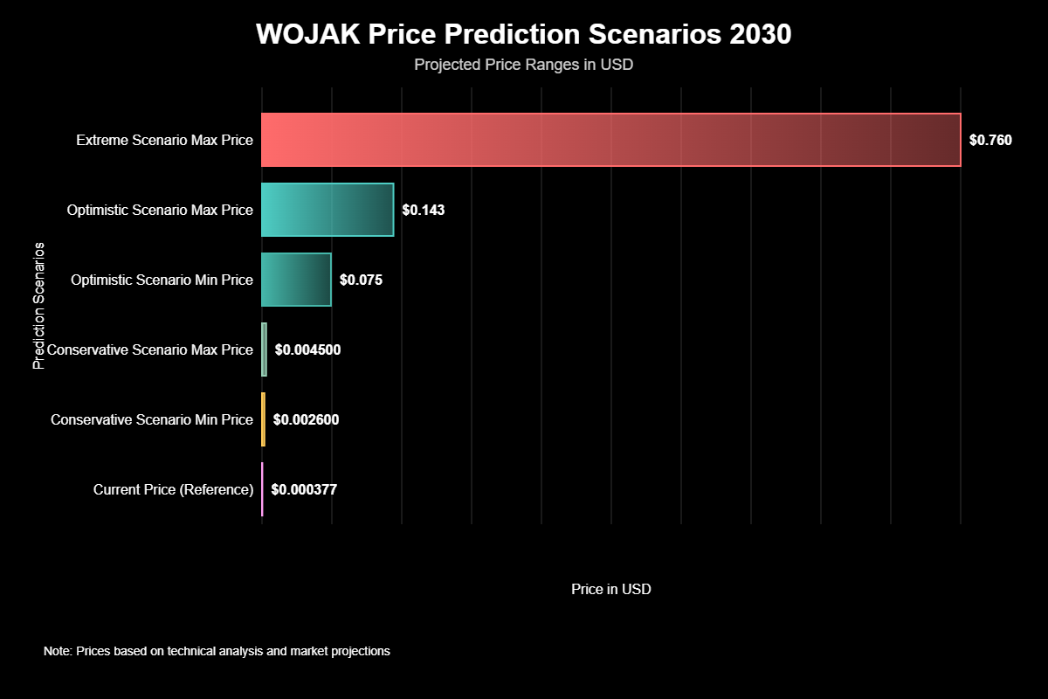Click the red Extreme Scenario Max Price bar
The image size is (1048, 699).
[x=611, y=140]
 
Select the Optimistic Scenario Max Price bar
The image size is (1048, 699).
[x=327, y=210]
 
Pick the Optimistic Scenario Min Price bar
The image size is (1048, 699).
[x=296, y=280]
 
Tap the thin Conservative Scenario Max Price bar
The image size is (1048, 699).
[x=264, y=349]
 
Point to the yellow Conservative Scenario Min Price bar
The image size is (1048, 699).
[x=263, y=419]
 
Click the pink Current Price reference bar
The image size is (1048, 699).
[x=262, y=489]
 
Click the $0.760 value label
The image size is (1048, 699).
[x=990, y=140]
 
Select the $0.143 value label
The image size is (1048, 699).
[x=424, y=210]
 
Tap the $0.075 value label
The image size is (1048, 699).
[x=361, y=280]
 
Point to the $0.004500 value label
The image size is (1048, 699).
[x=307, y=349]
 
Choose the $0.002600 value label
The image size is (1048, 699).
[x=306, y=419]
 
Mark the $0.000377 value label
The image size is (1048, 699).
[x=304, y=489]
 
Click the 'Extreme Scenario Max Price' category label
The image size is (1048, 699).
[x=164, y=140]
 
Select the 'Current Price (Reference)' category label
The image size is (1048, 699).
[x=173, y=489]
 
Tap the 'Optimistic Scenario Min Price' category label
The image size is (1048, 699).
[x=162, y=280]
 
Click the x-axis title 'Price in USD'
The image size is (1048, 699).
[x=611, y=589]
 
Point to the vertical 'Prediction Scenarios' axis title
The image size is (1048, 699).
[x=38, y=306]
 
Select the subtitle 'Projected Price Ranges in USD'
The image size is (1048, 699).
[x=523, y=65]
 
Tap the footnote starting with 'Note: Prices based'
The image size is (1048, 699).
[x=217, y=651]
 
